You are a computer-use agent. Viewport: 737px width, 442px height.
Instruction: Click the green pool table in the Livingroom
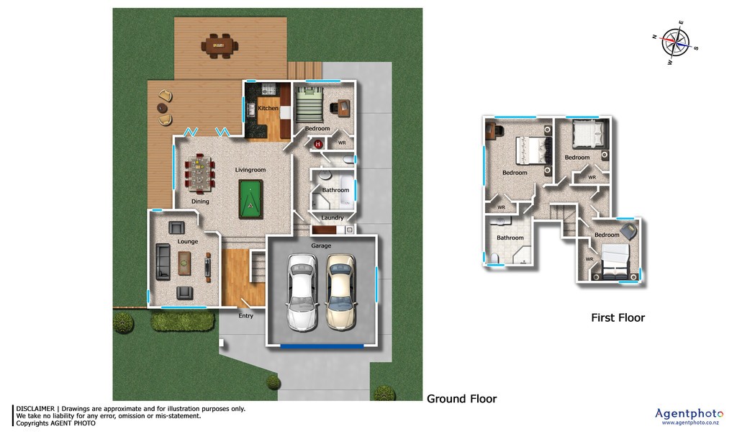250,199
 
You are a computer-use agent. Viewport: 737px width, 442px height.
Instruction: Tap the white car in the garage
302,292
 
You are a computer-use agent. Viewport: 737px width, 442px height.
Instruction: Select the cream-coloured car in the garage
340,292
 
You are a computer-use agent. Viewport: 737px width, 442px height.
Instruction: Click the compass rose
675,42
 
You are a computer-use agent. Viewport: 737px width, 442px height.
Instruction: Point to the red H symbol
317,145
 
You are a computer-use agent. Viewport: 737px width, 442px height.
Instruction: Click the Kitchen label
268,108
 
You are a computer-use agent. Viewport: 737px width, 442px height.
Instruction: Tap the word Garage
321,245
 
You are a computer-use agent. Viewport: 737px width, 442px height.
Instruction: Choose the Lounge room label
188,241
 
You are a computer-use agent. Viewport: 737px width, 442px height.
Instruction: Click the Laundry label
333,217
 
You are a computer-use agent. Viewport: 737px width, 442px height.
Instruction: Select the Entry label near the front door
246,315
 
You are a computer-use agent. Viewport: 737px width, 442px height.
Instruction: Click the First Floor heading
618,318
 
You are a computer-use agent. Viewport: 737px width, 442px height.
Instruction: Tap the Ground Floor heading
461,399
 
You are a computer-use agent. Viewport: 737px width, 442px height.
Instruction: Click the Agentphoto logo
689,415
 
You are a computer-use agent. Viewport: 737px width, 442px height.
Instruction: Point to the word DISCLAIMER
35,409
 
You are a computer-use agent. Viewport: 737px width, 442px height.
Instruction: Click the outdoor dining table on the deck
220,45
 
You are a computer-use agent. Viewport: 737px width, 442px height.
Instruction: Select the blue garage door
322,346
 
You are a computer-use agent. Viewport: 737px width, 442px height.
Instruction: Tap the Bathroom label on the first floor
510,238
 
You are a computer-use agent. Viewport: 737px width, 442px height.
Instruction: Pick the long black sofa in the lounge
163,261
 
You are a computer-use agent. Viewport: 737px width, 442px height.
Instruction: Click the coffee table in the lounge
184,263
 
